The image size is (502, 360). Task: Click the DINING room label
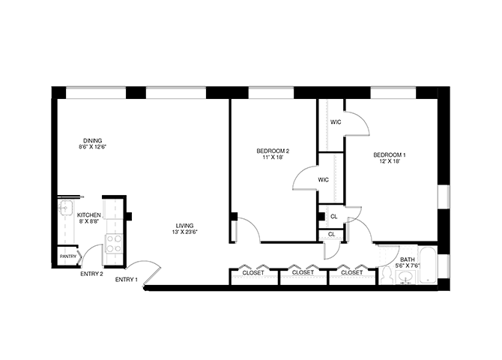pyautogui.click(x=92, y=140)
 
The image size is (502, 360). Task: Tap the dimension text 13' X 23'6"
pyautogui.click(x=184, y=232)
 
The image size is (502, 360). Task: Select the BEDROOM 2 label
pyautogui.click(x=273, y=151)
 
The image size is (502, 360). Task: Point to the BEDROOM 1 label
pyautogui.click(x=390, y=155)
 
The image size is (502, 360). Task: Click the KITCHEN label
pyautogui.click(x=89, y=215)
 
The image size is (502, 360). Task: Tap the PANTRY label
pyautogui.click(x=68, y=256)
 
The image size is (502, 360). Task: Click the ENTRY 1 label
pyautogui.click(x=126, y=280)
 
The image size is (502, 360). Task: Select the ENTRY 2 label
pyautogui.click(x=91, y=274)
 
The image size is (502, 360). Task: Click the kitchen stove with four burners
pyautogui.click(x=114, y=243)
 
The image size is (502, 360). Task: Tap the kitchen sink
pyautogui.click(x=66, y=208)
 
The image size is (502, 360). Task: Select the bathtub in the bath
pyautogui.click(x=427, y=265)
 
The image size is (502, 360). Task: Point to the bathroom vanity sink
pyautogui.click(x=406, y=277)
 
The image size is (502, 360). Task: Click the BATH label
pyautogui.click(x=408, y=259)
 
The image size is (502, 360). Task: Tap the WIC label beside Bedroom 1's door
pyautogui.click(x=336, y=122)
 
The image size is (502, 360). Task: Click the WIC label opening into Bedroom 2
pyautogui.click(x=323, y=180)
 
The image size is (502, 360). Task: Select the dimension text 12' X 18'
pyautogui.click(x=390, y=161)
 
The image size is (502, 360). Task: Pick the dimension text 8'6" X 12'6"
pyautogui.click(x=92, y=147)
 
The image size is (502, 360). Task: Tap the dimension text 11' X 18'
pyautogui.click(x=273, y=157)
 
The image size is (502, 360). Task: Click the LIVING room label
pyautogui.click(x=184, y=226)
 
